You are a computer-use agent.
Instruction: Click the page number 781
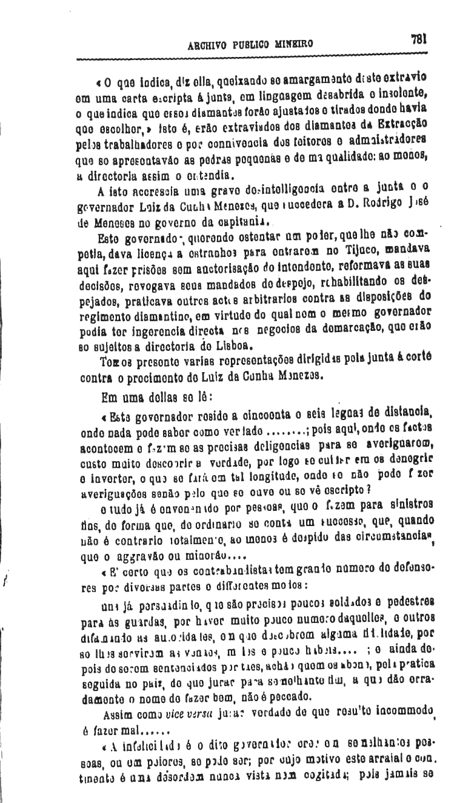419,39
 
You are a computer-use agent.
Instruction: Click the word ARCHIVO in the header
208,44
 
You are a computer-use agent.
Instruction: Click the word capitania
244,213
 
